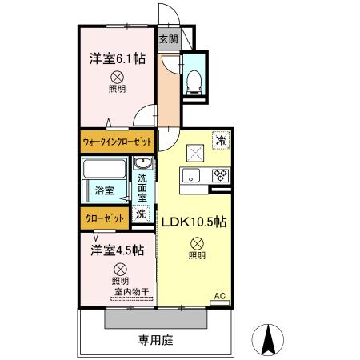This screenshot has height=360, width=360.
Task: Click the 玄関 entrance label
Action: point(167,38)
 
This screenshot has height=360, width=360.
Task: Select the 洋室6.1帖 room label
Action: point(117,58)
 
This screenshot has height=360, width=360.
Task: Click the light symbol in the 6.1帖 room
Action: point(117,78)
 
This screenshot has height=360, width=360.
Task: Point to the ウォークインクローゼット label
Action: point(117,142)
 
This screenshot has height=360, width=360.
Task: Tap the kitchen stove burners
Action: point(220,175)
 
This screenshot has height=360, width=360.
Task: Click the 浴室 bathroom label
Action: point(104,191)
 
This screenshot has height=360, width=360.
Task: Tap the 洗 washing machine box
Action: point(141,214)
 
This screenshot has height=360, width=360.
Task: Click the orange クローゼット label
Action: point(104,218)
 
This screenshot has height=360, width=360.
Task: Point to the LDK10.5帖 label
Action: point(195,222)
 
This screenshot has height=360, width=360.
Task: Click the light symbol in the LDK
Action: point(196,244)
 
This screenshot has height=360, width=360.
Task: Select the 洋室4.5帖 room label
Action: point(117,250)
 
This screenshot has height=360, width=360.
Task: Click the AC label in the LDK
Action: point(220,295)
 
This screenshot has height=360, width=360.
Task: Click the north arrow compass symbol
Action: point(270,340)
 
